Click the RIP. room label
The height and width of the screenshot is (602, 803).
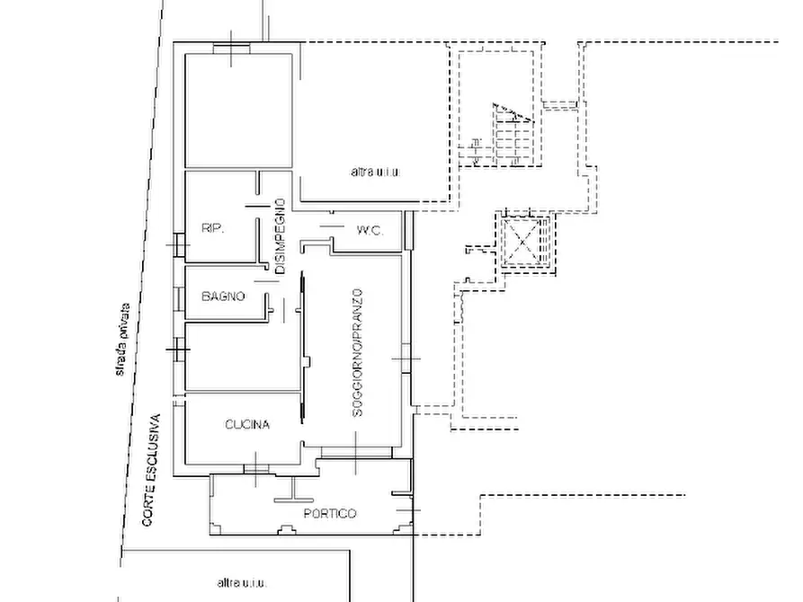pyautogui.click(x=212, y=228)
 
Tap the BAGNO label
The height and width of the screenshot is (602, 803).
pyautogui.click(x=223, y=296)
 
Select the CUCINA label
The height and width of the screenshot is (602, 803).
pyautogui.click(x=247, y=424)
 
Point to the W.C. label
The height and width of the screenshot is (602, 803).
pyautogui.click(x=370, y=230)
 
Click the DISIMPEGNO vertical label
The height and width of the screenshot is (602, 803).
pyautogui.click(x=280, y=236)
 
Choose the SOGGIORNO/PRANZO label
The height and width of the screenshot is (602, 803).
pyautogui.click(x=358, y=353)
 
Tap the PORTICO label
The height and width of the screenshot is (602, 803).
pyautogui.click(x=330, y=513)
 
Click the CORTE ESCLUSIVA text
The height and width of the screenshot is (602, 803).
pyautogui.click(x=152, y=470)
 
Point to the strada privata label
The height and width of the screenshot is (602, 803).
pyautogui.click(x=123, y=340)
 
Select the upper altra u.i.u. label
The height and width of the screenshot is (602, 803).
pyautogui.click(x=375, y=172)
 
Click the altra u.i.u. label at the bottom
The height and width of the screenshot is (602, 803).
pyautogui.click(x=242, y=582)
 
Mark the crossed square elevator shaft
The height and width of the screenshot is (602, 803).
pyautogui.click(x=522, y=241)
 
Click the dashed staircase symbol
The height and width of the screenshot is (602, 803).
pyautogui.click(x=513, y=134)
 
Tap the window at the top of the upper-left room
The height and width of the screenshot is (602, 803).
pyautogui.click(x=231, y=49)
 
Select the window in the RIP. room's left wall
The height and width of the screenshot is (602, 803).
pyautogui.click(x=179, y=244)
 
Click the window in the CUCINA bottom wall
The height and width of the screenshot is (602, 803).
pyautogui.click(x=255, y=468)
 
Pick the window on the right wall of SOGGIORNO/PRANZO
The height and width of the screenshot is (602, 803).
pyautogui.click(x=406, y=359)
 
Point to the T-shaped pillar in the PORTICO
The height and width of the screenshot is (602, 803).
pyautogui.click(x=294, y=491)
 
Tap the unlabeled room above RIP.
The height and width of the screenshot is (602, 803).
pyautogui.click(x=238, y=110)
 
